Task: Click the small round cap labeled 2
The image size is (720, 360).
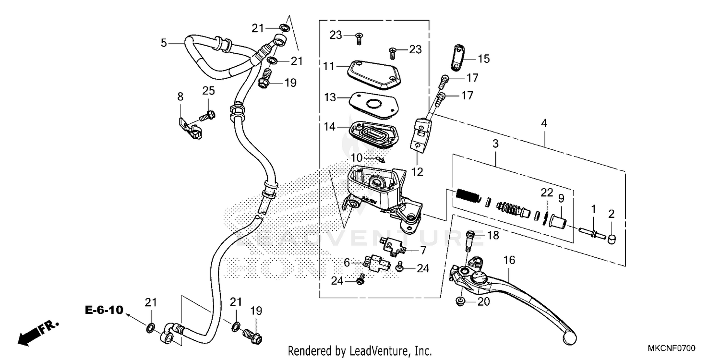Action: [x=612, y=239]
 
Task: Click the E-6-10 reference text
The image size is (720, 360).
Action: [x=104, y=310]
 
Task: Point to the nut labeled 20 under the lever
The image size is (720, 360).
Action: [x=460, y=301]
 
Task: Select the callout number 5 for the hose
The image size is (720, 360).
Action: [x=164, y=43]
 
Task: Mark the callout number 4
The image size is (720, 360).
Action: [x=543, y=123]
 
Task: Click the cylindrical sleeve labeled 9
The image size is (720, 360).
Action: [x=557, y=222]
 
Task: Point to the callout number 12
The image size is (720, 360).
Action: [x=417, y=171]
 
